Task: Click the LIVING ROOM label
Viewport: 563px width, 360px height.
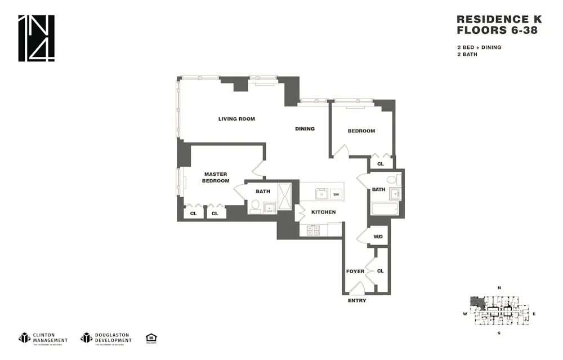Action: [236, 119]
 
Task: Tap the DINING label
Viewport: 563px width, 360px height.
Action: [305, 129]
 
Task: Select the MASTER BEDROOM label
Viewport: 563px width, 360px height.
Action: [216, 177]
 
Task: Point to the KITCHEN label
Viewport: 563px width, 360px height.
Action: [323, 212]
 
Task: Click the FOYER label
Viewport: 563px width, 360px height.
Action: [355, 272]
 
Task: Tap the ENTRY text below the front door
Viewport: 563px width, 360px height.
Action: [357, 301]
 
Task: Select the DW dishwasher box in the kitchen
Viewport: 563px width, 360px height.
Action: [336, 194]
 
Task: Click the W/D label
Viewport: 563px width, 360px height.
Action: [378, 236]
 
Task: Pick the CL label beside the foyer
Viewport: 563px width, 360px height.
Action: [380, 271]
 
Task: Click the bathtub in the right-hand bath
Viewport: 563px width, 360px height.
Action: [385, 209]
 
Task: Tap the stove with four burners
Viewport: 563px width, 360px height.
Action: [312, 229]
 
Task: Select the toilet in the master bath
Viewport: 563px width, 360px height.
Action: [254, 207]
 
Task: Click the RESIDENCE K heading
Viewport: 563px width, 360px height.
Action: [499, 20]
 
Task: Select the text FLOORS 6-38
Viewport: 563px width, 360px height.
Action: [497, 30]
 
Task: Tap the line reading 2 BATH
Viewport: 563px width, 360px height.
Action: [467, 55]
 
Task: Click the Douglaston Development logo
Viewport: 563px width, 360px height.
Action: [106, 338]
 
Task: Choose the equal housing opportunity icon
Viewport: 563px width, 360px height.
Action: [151, 338]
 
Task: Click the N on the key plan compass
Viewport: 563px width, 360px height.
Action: [499, 288]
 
